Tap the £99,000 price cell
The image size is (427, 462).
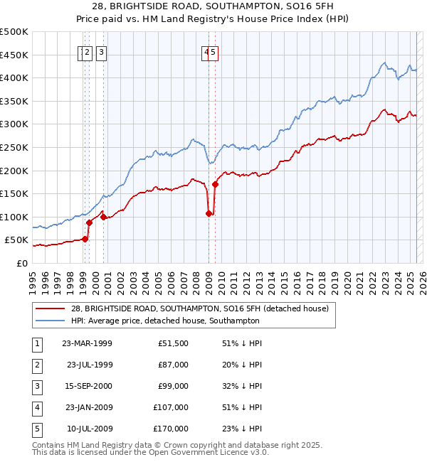pos(174,386)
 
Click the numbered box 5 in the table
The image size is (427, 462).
pos(36,429)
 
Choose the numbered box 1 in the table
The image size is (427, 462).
pos(36,343)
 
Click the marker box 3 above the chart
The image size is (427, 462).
pos(102,51)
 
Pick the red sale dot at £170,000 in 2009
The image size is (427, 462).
pos(215,184)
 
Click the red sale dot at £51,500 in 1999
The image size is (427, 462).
pos(85,239)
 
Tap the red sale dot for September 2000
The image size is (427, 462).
pos(104,217)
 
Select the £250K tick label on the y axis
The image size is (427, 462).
pos(14,147)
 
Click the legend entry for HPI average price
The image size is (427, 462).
pos(165,321)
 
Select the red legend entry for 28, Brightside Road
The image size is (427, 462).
pos(199,308)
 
